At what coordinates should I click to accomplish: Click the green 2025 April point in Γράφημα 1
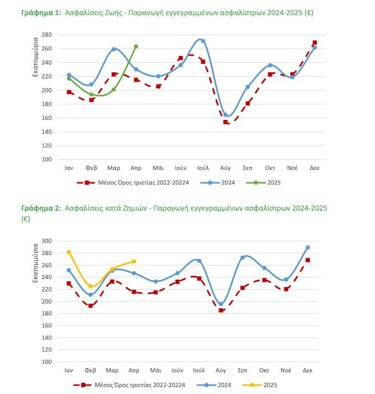(x=136, y=47)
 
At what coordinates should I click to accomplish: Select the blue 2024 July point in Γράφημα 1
(x=203, y=41)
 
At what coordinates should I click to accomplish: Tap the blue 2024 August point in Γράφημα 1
(x=225, y=115)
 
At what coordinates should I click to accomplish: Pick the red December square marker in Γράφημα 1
(x=314, y=43)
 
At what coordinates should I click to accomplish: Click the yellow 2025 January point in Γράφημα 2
(x=68, y=252)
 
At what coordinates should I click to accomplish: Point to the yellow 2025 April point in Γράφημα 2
(x=134, y=262)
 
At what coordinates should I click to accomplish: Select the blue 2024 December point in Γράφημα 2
(x=308, y=248)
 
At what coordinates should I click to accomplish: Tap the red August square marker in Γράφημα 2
(x=221, y=310)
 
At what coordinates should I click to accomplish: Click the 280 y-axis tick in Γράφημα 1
(x=47, y=35)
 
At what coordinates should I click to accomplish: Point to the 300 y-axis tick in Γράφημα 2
(x=47, y=241)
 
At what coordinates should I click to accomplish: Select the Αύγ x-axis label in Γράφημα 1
(x=225, y=168)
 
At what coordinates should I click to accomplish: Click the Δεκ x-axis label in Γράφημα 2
(x=308, y=370)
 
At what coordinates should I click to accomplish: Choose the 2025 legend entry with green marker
(x=263, y=183)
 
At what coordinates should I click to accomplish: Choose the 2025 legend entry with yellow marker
(x=260, y=385)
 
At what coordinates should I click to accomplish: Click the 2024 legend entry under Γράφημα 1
(x=217, y=183)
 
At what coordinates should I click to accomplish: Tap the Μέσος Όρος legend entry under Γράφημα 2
(x=129, y=385)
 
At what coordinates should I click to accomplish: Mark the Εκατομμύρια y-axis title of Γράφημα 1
(x=35, y=57)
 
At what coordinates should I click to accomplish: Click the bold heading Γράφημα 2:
(x=41, y=208)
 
